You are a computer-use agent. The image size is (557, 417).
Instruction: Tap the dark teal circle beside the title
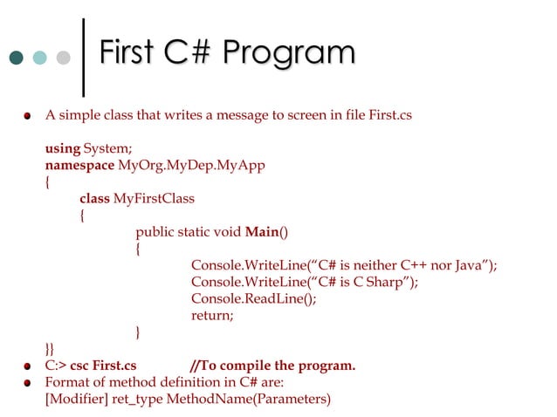coord(15,58)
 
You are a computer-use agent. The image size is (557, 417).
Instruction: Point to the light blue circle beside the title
coord(39,58)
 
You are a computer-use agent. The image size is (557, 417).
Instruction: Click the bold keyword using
coord(62,148)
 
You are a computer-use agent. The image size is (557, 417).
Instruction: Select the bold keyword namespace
coord(79,165)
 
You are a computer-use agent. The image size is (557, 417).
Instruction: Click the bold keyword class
coord(94,198)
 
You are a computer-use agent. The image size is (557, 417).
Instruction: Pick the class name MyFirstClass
coord(155,198)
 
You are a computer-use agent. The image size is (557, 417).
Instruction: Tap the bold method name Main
coord(261,232)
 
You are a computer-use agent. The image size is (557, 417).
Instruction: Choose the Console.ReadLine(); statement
coord(254,298)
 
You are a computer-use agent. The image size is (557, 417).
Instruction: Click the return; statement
coord(212,315)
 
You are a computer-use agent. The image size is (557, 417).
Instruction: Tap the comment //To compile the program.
coord(272,366)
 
